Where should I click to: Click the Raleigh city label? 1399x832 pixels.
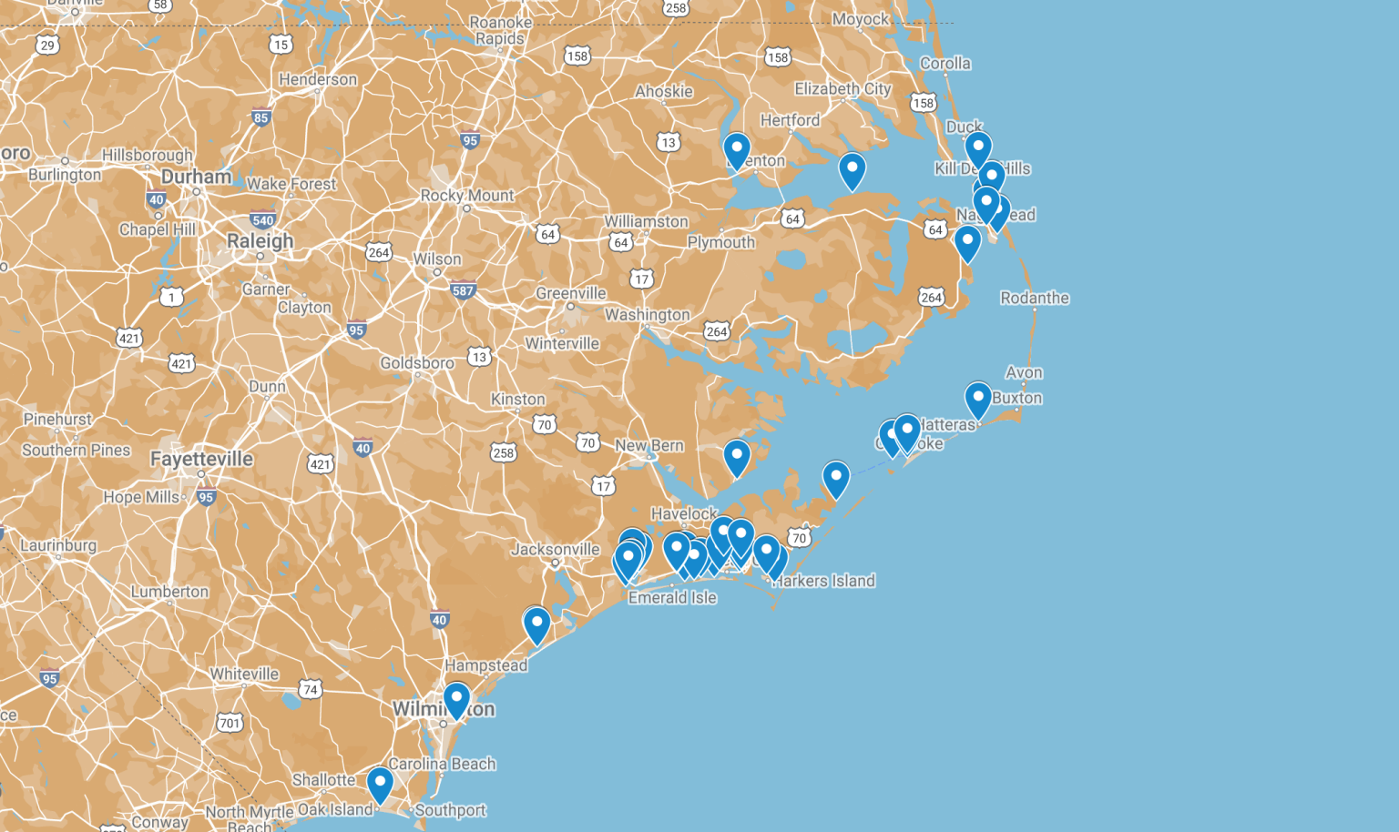point(260,241)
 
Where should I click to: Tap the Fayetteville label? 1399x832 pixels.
point(201,459)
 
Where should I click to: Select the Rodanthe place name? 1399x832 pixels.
point(1035,298)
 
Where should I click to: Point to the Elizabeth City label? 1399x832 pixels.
point(842,88)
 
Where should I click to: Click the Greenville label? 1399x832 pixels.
point(570,293)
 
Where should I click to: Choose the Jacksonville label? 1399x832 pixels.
point(555,549)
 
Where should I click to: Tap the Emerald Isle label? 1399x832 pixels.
point(672,597)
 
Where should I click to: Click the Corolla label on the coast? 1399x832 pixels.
point(945,63)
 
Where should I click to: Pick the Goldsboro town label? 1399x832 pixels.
point(417,363)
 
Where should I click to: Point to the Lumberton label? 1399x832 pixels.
point(169,592)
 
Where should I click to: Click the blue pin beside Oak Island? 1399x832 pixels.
point(380,783)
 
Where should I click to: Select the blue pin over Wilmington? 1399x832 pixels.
point(456,699)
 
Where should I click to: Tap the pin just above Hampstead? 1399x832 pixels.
point(536,624)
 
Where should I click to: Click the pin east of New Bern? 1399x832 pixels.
point(737,456)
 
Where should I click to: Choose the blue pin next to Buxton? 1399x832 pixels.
point(977,399)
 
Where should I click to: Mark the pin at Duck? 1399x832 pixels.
point(977,147)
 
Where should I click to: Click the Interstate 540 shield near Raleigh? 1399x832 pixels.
point(262,220)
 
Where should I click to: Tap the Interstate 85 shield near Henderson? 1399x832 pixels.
point(261,117)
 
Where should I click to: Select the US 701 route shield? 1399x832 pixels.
point(230,723)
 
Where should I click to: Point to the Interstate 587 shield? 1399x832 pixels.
point(463,291)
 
